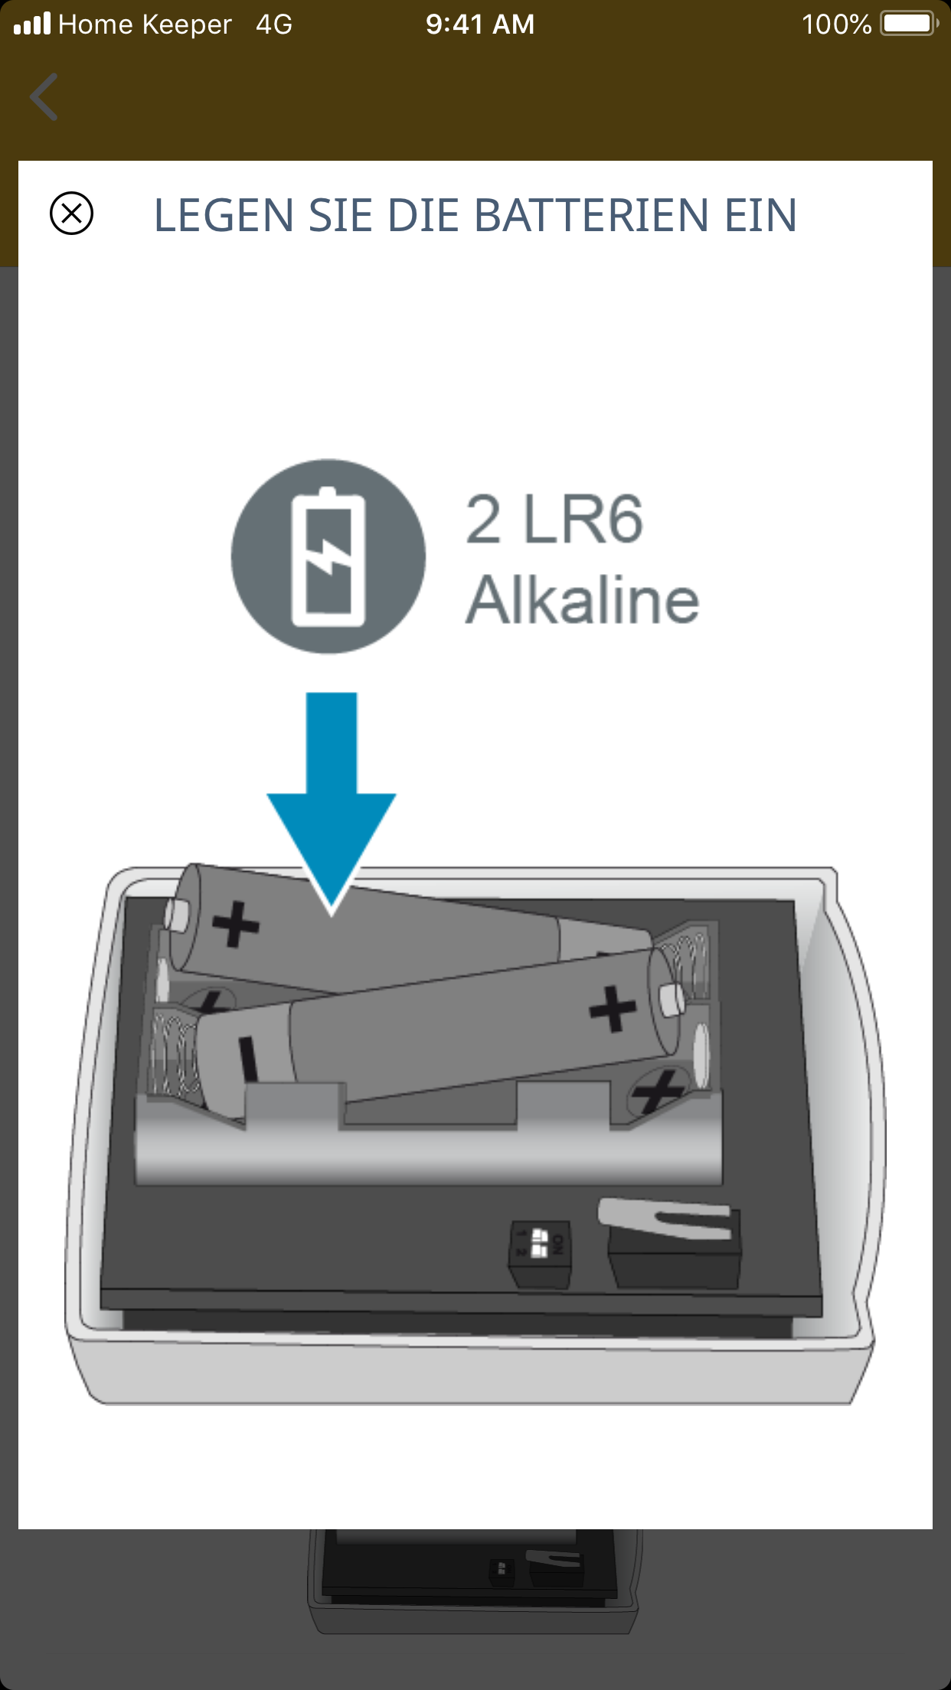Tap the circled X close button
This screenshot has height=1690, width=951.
point(71,213)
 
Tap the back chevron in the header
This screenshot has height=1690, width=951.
point(44,97)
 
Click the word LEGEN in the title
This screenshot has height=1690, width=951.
point(224,215)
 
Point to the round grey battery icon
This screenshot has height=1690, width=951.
point(328,556)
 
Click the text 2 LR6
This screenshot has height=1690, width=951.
point(554,520)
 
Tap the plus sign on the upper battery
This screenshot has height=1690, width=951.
point(235,925)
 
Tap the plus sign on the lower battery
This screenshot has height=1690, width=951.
point(613,1009)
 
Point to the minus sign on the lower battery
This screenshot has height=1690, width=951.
point(248,1059)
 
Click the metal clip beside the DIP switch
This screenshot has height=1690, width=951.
point(665,1219)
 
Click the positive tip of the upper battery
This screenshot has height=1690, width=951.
point(176,915)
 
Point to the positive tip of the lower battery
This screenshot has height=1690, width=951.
point(672,1000)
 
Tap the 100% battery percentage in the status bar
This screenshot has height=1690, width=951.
point(836,24)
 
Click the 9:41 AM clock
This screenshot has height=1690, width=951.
point(480,24)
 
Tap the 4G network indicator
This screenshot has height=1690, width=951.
point(274,24)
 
